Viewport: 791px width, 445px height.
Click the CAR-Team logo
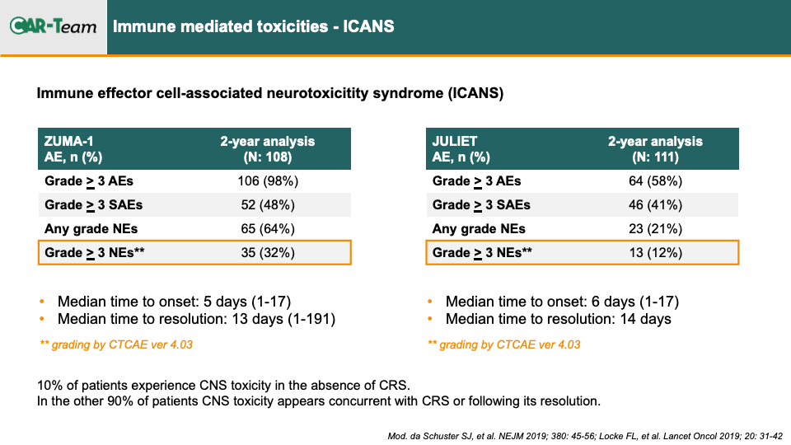pyautogui.click(x=53, y=26)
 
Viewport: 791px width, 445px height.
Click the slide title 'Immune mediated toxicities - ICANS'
pyautogui.click(x=253, y=26)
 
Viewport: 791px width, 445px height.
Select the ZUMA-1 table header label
pyautogui.click(x=68, y=141)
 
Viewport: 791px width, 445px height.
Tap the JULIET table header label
pyautogui.click(x=455, y=141)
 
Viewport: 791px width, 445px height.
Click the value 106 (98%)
pyautogui.click(x=268, y=181)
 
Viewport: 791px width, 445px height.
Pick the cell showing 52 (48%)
pyautogui.click(x=268, y=205)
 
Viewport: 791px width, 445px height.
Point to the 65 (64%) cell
pyautogui.click(x=268, y=228)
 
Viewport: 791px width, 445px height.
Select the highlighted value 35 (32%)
pyautogui.click(x=268, y=252)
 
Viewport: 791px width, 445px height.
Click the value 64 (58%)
pyautogui.click(x=655, y=181)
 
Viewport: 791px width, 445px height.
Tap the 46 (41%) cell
pyautogui.click(x=655, y=205)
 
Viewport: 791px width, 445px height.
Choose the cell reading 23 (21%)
pyautogui.click(x=655, y=228)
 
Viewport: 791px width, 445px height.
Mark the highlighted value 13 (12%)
pyautogui.click(x=655, y=252)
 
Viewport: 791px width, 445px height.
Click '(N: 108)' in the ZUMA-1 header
pyautogui.click(x=268, y=157)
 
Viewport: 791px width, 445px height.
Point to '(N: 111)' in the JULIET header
pyautogui.click(x=655, y=157)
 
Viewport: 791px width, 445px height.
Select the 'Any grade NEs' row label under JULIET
pyautogui.click(x=479, y=229)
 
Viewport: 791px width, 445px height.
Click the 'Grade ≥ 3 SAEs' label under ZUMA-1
pyautogui.click(x=93, y=205)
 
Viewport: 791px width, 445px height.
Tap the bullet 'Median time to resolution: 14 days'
pyautogui.click(x=559, y=319)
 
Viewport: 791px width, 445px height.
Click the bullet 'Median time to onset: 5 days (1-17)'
pyautogui.click(x=174, y=302)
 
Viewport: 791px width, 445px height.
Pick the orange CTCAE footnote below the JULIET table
pyautogui.click(x=504, y=344)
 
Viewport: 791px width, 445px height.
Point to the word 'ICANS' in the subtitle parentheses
pyautogui.click(x=475, y=93)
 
